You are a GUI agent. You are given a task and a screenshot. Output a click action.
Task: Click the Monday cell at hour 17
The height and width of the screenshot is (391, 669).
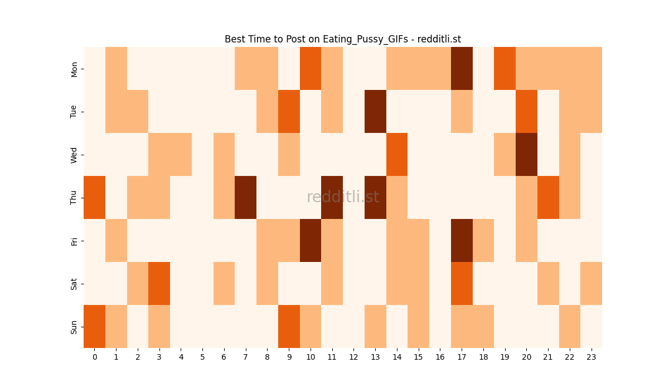(x=462, y=68)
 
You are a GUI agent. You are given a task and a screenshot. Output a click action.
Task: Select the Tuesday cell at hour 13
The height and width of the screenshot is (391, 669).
(x=375, y=111)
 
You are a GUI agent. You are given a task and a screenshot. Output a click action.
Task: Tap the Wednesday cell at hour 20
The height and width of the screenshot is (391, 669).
(x=526, y=154)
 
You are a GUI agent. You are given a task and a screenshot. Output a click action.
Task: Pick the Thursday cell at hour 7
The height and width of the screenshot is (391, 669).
(x=245, y=197)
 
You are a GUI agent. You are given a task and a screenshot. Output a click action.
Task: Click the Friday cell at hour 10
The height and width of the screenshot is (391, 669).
(x=311, y=240)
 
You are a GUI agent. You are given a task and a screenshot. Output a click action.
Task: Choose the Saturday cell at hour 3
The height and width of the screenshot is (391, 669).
(x=159, y=283)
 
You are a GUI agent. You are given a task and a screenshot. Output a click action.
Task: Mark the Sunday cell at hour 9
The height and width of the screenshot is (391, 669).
(x=289, y=326)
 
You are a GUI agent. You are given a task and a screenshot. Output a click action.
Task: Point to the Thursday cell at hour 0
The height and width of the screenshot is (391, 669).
(x=94, y=197)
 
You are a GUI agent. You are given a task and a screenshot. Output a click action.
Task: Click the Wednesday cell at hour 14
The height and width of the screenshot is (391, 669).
(x=397, y=154)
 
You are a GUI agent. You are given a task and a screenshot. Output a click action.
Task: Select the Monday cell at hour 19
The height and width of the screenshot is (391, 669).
(x=505, y=68)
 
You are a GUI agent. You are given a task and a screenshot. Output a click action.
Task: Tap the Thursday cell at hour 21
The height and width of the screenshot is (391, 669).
(x=548, y=197)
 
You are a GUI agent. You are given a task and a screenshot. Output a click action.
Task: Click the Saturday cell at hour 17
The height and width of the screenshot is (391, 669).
(x=462, y=283)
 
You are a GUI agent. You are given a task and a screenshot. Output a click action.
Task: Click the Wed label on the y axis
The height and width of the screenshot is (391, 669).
(x=74, y=155)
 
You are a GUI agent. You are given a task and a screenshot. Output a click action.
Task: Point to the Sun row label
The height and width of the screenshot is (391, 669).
(x=74, y=327)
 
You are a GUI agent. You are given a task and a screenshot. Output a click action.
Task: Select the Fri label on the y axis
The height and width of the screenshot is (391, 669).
(x=74, y=241)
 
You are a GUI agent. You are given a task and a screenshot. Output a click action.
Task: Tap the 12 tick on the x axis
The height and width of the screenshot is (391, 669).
(x=353, y=357)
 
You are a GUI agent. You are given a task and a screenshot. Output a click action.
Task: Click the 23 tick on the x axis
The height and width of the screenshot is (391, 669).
(x=591, y=357)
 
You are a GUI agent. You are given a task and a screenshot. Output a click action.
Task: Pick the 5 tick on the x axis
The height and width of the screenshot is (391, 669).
(x=202, y=357)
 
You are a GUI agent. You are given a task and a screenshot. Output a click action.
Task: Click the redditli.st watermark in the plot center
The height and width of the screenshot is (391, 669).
(x=343, y=197)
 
